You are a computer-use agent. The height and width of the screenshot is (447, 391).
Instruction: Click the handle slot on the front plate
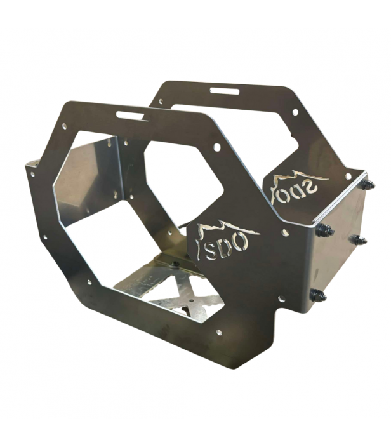click(132, 116)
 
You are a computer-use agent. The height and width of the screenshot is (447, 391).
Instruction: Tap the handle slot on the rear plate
click(224, 91)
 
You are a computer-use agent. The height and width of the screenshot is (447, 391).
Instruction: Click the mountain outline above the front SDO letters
click(228, 229)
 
